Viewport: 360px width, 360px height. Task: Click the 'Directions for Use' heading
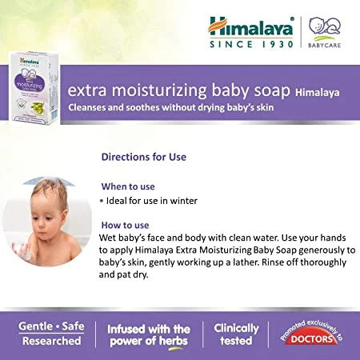[144, 156]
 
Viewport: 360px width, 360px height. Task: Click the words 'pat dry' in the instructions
[135, 274]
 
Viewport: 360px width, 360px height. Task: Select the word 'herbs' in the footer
[172, 342]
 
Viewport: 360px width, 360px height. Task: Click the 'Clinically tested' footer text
[236, 334]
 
